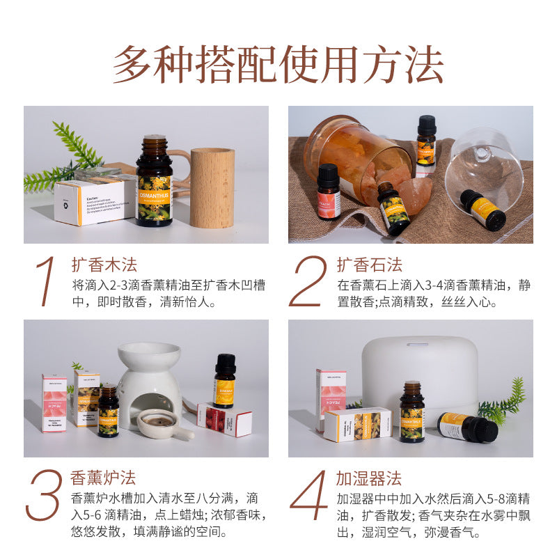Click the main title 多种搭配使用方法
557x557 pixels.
tap(278, 65)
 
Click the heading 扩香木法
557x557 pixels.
tap(104, 265)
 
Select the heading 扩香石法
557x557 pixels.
tap(370, 265)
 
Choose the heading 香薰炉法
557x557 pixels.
tap(103, 479)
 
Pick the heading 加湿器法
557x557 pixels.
tap(369, 479)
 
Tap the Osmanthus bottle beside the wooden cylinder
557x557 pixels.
tap(154, 182)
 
